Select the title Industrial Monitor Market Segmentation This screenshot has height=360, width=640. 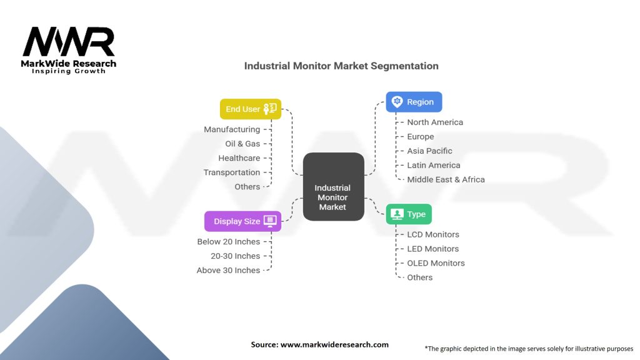point(341,66)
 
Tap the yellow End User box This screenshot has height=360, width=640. point(250,109)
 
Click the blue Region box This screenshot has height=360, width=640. point(414,102)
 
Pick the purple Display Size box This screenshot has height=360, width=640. point(242,221)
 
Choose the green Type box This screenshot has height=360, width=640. point(409,214)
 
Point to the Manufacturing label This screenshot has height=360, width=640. point(232,129)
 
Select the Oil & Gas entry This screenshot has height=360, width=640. point(242,144)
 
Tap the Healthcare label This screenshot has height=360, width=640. point(239,158)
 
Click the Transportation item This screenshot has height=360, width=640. point(232,172)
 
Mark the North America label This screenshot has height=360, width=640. point(435,122)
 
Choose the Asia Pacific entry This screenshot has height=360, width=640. point(429,151)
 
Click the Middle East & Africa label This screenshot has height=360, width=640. point(446,179)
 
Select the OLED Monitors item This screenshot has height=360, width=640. point(436,263)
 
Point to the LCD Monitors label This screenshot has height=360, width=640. point(433,234)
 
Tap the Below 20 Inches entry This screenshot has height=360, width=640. point(229,242)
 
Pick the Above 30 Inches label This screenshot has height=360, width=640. point(229,271)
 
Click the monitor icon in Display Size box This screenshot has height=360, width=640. point(270,221)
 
